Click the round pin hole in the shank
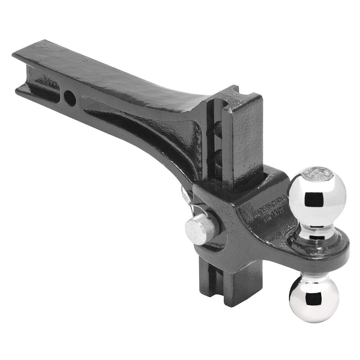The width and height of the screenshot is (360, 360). (70, 97)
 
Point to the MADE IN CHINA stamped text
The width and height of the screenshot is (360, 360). (268, 203)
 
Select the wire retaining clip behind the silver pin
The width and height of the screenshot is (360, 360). (187, 200)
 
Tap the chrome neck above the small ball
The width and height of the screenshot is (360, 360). (310, 277)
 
